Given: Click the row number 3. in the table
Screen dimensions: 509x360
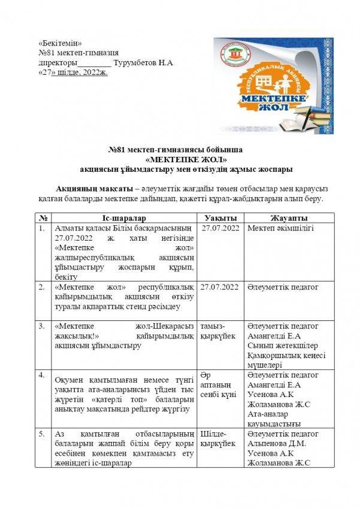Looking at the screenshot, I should pyautogui.click(x=43, y=326).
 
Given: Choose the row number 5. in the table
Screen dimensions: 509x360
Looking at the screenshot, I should pyautogui.click(x=43, y=434).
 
